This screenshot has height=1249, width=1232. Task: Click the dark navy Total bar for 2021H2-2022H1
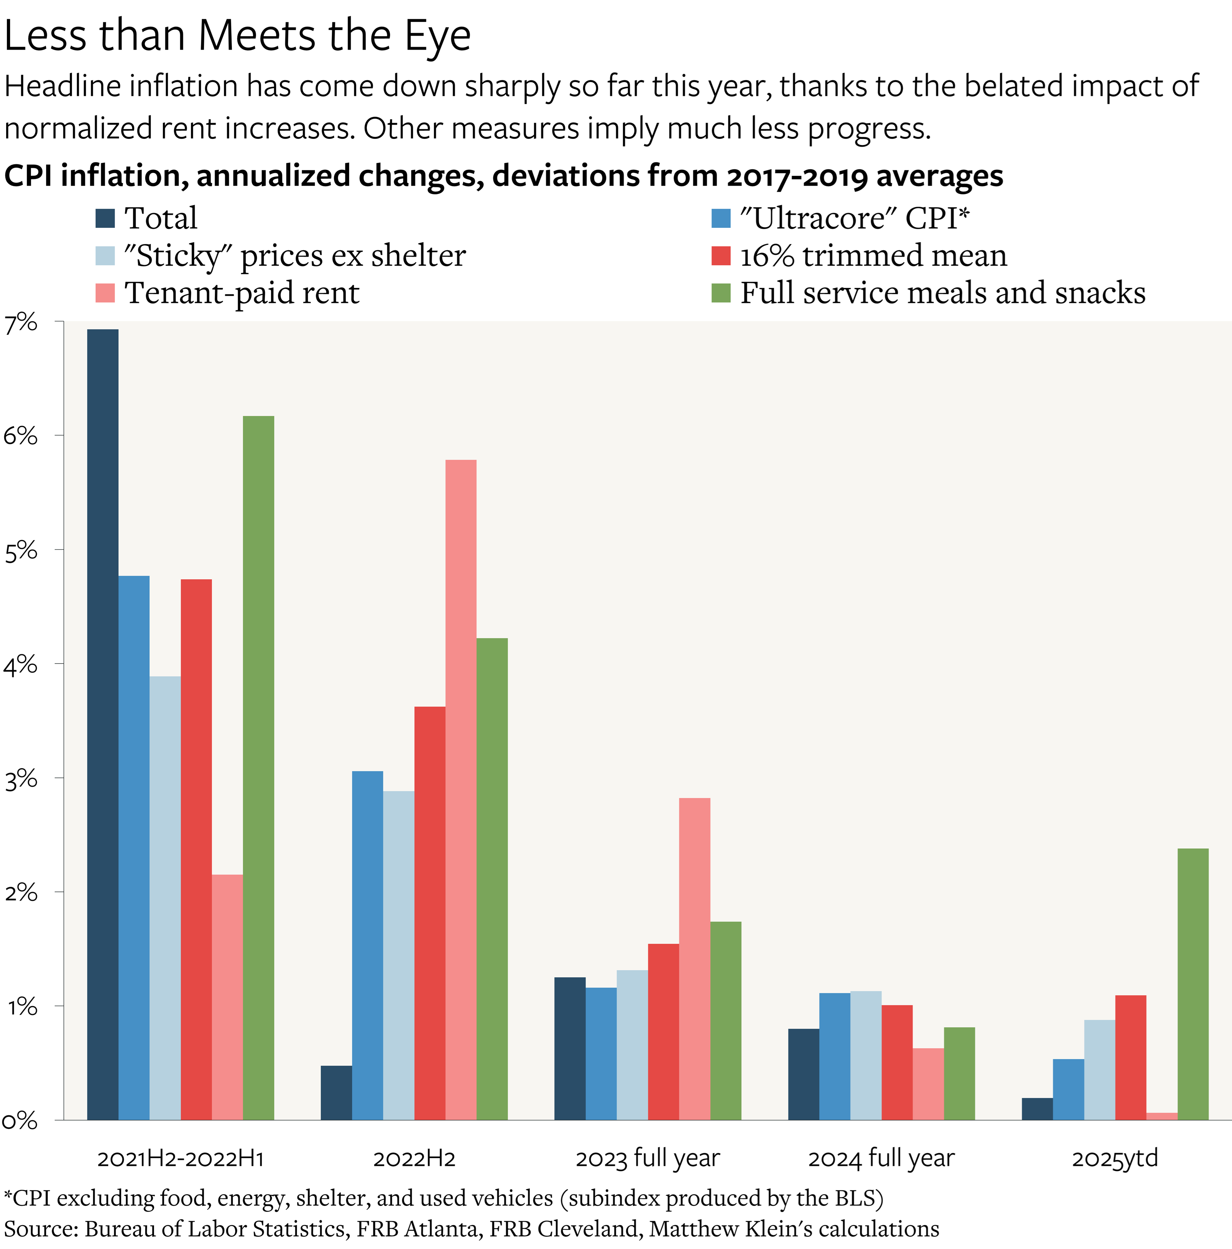[103, 724]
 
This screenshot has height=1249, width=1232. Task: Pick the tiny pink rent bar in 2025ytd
[1162, 1116]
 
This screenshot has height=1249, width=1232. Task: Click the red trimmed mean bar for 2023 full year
[663, 1031]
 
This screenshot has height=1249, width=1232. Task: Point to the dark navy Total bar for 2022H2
[336, 1093]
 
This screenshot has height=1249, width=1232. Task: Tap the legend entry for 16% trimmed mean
[873, 255]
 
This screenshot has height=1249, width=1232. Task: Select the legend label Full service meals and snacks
[942, 293]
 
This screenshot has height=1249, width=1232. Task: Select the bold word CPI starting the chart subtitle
[29, 176]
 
